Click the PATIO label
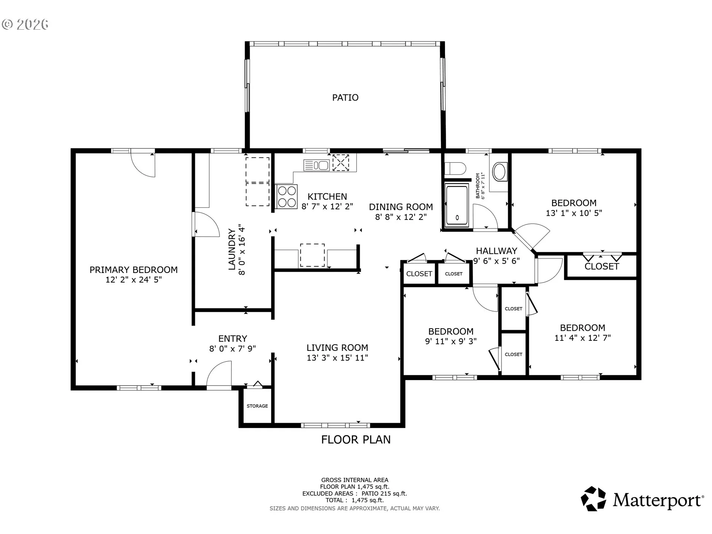(x=345, y=98)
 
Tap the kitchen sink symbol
(x=316, y=165)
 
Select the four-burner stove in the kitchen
(x=287, y=197)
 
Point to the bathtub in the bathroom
(x=457, y=206)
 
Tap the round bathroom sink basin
(x=500, y=172)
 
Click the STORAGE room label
(x=257, y=406)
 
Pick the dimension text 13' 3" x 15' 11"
(x=337, y=358)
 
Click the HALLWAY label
(x=497, y=251)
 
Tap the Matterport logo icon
(x=593, y=499)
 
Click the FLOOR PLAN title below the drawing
(x=356, y=440)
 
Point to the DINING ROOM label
(x=401, y=207)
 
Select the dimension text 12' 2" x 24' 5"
(x=134, y=280)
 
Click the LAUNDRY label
(x=232, y=249)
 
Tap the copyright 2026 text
(x=25, y=24)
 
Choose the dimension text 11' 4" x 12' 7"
(x=583, y=338)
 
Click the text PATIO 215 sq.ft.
(x=384, y=494)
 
